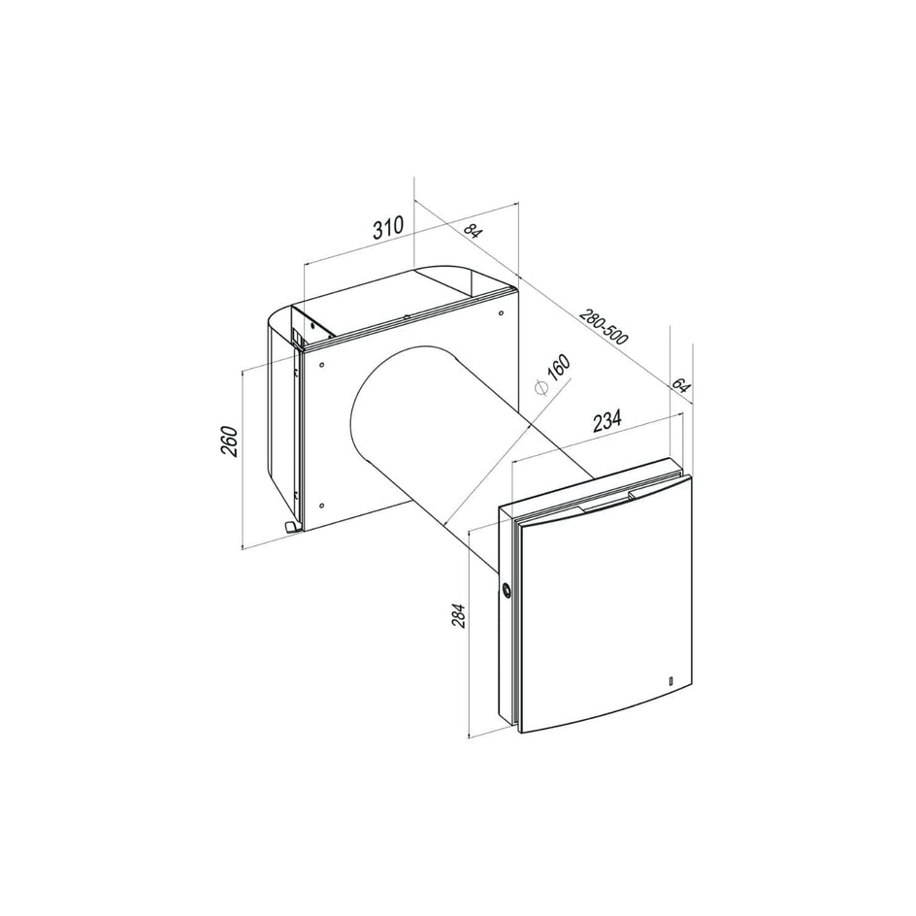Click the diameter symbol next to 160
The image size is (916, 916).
[x=542, y=387]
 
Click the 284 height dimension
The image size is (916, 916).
[x=459, y=615]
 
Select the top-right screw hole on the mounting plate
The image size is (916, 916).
[x=500, y=312]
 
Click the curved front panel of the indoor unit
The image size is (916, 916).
[x=606, y=602]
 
